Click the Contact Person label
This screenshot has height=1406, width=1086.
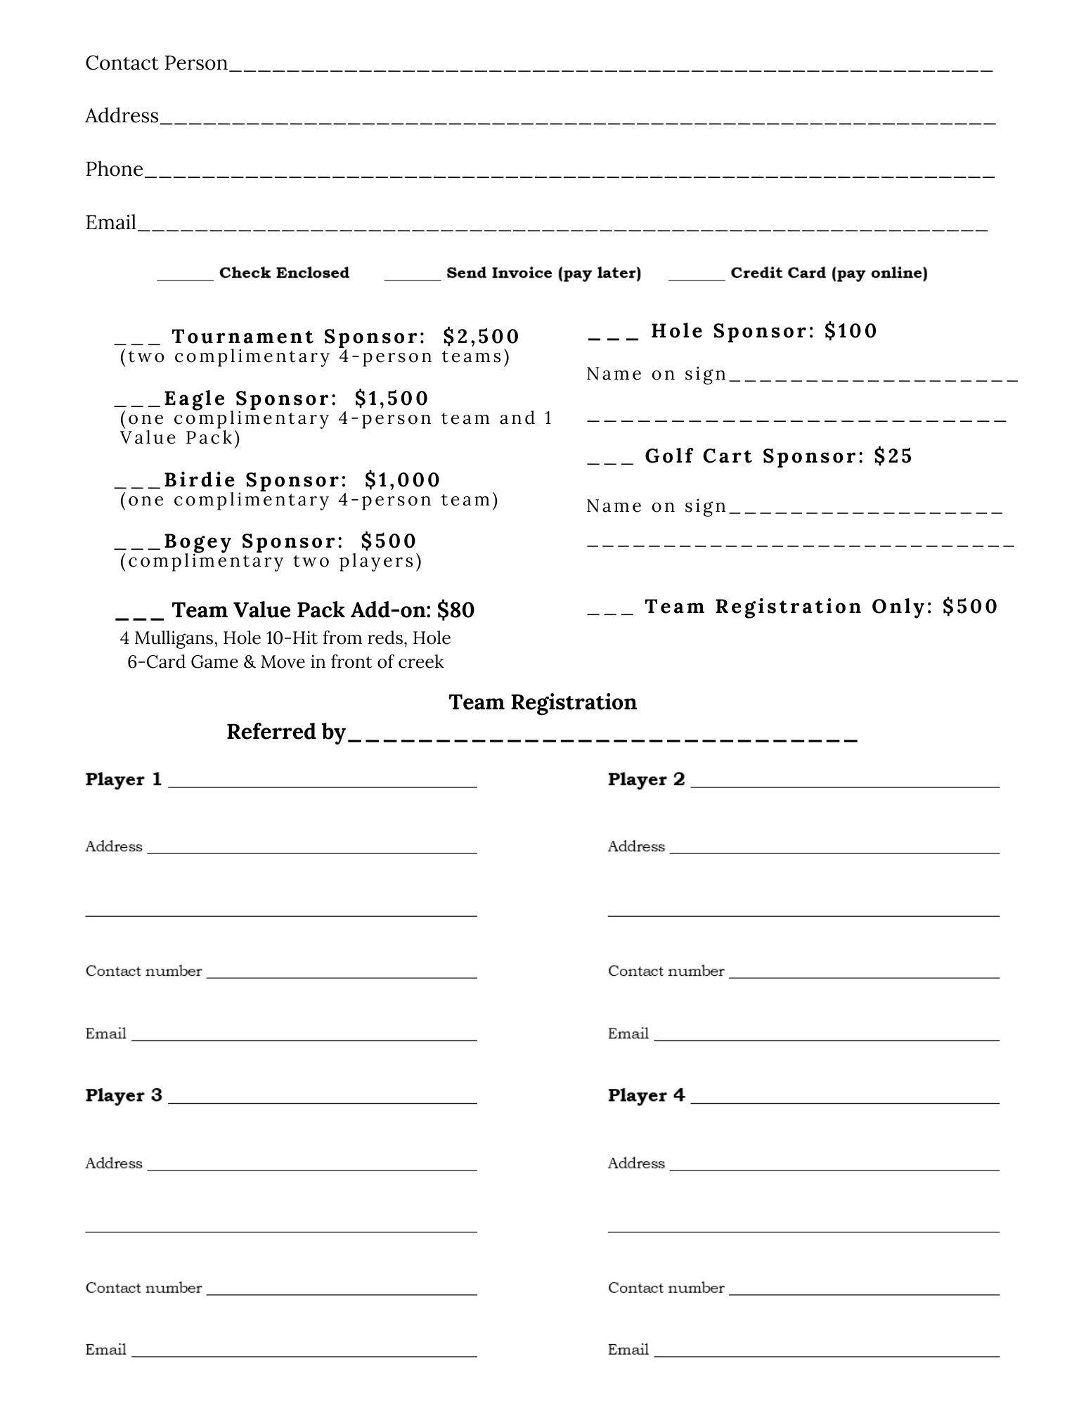[156, 63]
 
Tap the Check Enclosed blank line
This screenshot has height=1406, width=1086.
[185, 278]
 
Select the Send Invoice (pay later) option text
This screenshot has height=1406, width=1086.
[543, 273]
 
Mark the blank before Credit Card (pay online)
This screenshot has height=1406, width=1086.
[696, 278]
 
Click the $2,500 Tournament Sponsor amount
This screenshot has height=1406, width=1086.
[481, 337]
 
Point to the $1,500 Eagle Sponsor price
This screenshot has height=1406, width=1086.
[392, 399]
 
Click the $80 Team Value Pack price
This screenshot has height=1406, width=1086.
[455, 610]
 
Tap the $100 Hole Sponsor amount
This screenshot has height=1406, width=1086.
[851, 331]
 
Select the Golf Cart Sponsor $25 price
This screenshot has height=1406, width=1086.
[893, 456]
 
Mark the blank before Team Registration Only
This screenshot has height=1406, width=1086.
[610, 612]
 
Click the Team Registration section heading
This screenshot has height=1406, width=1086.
[543, 702]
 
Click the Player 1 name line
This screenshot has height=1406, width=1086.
[322, 786]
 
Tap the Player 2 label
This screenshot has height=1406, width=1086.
[646, 780]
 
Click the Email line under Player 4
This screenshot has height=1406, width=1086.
[827, 1355]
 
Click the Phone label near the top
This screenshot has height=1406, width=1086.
[114, 169]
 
